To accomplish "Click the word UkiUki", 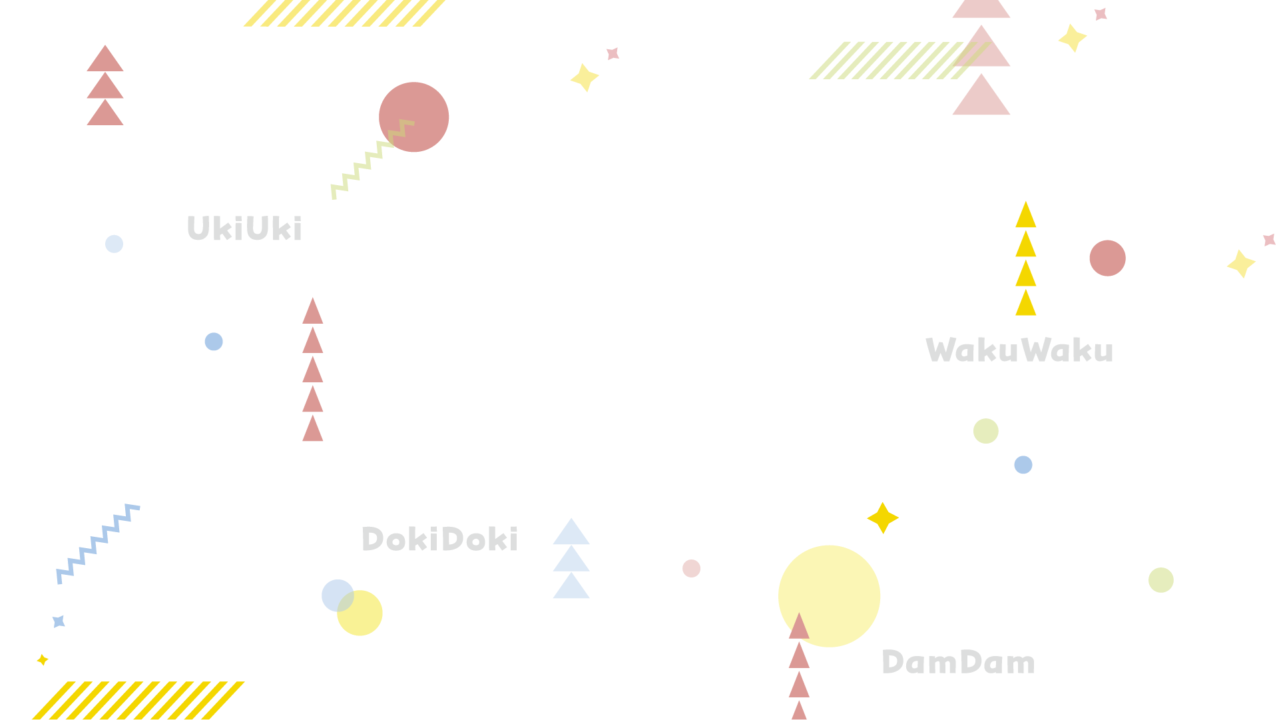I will coord(244,228).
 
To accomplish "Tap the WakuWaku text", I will coord(1019,350).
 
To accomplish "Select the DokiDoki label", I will coord(439,540).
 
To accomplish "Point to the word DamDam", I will coord(958,663).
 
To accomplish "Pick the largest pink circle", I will coord(413,117).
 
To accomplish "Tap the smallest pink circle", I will coord(691,568).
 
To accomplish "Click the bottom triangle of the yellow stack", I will coord(1026,304).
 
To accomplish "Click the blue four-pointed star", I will coord(59,621).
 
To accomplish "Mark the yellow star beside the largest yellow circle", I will coord(883,518).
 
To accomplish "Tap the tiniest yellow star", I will coord(42,660).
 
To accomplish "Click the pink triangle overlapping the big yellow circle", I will coord(799,628).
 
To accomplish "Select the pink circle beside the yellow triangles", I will coord(1107,258).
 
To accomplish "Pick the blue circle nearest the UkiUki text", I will coord(114,244).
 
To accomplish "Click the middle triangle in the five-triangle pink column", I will coord(313,371).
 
